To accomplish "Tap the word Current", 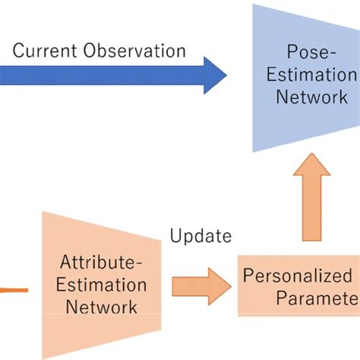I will pyautogui.click(x=43, y=51).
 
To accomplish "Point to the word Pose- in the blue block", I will pyautogui.click(x=308, y=54).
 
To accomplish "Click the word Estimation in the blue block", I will pyautogui.click(x=317, y=76).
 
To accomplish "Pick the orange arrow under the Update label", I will pyautogui.click(x=200, y=286).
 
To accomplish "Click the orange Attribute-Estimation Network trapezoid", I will pyautogui.click(x=103, y=286).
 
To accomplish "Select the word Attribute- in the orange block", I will pyautogui.click(x=102, y=264).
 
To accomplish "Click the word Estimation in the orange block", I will pyautogui.click(x=103, y=286).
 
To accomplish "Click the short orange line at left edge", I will pyautogui.click(x=13, y=289).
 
